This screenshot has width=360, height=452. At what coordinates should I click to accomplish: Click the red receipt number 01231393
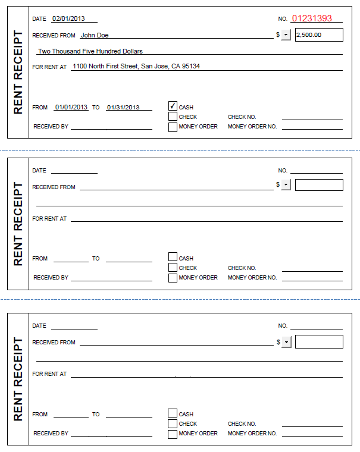click(312, 18)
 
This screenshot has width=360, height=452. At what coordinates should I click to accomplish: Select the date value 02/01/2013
click(68, 19)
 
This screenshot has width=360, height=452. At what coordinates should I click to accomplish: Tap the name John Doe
click(94, 35)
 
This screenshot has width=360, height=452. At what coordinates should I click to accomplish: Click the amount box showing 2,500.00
click(319, 34)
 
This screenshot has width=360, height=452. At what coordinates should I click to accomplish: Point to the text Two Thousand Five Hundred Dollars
click(90, 51)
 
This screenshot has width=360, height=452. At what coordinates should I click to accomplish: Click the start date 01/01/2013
click(71, 108)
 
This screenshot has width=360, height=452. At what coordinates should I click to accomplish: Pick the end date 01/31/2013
click(123, 108)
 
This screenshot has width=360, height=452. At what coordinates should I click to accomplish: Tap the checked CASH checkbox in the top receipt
click(173, 106)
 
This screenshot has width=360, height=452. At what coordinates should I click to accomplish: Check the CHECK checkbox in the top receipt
click(173, 117)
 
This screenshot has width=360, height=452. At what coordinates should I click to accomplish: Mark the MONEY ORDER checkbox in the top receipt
click(173, 127)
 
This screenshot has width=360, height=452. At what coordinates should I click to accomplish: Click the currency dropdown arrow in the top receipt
click(286, 35)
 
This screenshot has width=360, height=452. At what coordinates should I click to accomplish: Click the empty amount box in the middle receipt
click(319, 185)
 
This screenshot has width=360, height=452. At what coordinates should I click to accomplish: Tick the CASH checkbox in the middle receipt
click(173, 257)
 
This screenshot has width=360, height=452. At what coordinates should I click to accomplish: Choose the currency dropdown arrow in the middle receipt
click(286, 185)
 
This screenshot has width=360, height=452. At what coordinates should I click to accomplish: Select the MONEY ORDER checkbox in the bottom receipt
click(173, 434)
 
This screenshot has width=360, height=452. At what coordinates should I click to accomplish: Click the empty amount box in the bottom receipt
click(319, 341)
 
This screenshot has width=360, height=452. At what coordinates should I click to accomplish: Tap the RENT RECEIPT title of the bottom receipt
click(18, 379)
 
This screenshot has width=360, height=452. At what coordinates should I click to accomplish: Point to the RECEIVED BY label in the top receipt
click(51, 127)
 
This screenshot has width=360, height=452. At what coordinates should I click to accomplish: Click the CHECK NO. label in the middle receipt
click(242, 268)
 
